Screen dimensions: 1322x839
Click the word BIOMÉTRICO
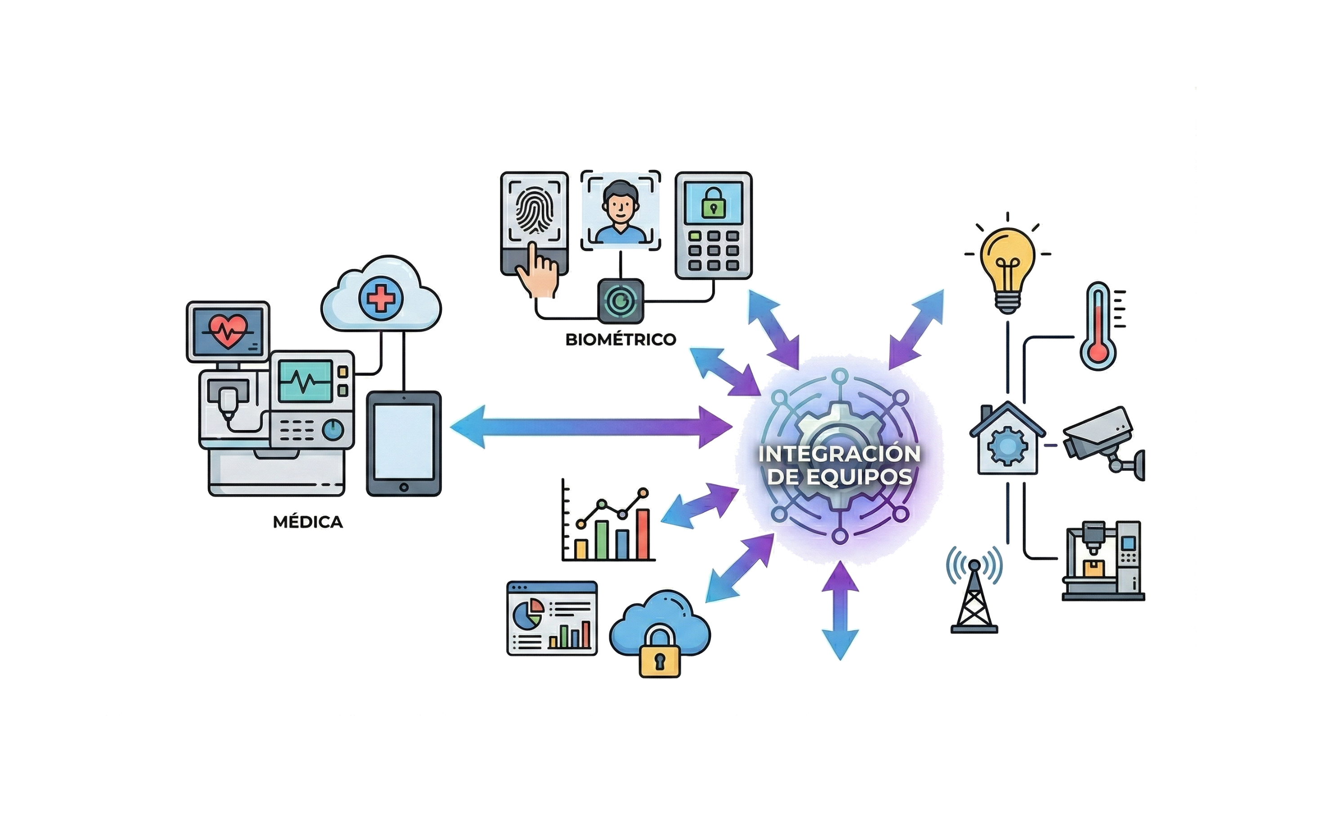[x=621, y=339]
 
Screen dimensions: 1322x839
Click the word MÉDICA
[x=308, y=522]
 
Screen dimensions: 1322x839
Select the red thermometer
[x=1098, y=327]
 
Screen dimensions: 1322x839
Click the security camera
[x=1103, y=442]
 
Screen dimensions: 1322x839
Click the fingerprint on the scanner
[x=534, y=210]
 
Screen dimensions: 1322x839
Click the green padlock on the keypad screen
[x=713, y=203]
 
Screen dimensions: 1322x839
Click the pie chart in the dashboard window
[x=527, y=614]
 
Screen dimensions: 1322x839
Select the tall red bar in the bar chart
[x=643, y=534]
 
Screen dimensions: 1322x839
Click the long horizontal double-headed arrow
[x=591, y=427]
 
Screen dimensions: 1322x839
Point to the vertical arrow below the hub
[x=840, y=610]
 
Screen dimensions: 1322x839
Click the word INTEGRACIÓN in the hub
[x=840, y=454]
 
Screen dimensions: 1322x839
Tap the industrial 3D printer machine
[x=1103, y=561]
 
